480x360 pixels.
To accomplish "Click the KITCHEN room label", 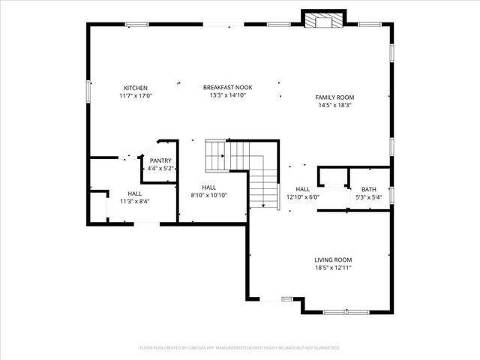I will [x=135, y=88].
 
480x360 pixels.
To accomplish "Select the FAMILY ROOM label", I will [x=334, y=97].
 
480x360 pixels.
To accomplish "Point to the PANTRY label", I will [x=160, y=160].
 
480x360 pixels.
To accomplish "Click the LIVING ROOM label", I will [x=333, y=259].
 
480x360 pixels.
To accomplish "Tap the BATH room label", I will [x=369, y=189].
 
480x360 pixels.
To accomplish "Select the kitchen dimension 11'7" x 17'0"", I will [x=135, y=96].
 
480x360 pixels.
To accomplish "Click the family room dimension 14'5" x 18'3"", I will [x=334, y=106].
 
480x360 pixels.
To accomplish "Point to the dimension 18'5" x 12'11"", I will [x=333, y=268].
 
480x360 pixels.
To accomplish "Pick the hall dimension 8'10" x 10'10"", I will [x=208, y=195].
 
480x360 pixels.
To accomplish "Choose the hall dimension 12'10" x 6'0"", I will [x=303, y=197].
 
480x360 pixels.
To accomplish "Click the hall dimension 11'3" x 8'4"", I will [x=134, y=201].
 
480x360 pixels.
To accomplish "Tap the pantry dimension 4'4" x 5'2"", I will [x=160, y=169].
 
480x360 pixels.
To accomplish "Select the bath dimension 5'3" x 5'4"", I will [x=369, y=197].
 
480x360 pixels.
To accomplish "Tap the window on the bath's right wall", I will [x=391, y=195].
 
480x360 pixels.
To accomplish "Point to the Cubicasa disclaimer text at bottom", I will [x=240, y=348].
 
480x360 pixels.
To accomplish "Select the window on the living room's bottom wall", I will [x=346, y=311].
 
